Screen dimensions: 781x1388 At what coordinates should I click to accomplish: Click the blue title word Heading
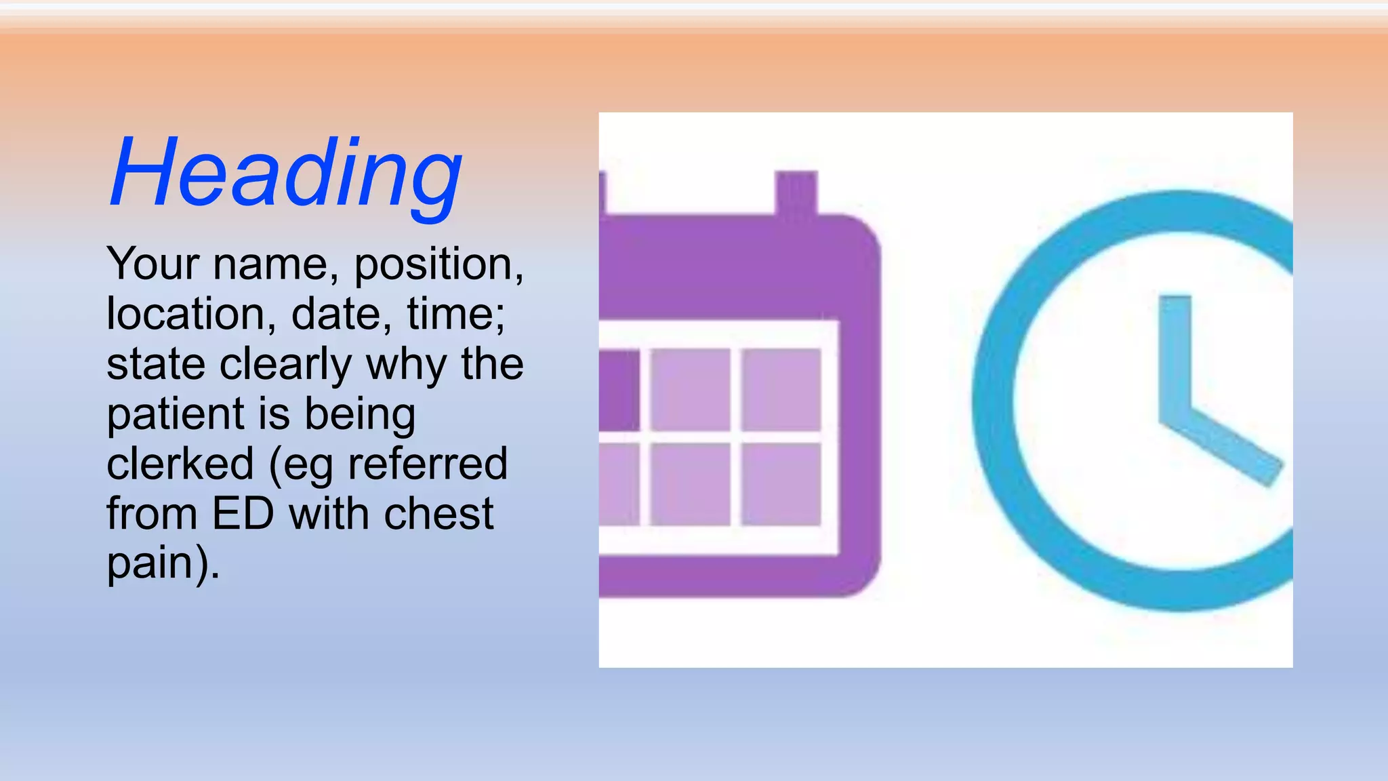click(286, 173)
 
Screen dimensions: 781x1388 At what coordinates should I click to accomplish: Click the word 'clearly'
click(285, 365)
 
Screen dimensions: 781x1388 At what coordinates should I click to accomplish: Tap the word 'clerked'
click(180, 464)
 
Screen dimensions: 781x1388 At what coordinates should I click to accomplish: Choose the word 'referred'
click(427, 464)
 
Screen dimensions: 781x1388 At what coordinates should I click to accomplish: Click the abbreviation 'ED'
click(243, 514)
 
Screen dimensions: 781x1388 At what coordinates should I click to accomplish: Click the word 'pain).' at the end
click(163, 564)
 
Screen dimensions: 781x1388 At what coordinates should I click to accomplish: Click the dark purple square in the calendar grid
click(619, 390)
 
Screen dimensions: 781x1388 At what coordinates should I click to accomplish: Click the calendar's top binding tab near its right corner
click(796, 193)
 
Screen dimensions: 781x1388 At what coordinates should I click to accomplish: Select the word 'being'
click(360, 415)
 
